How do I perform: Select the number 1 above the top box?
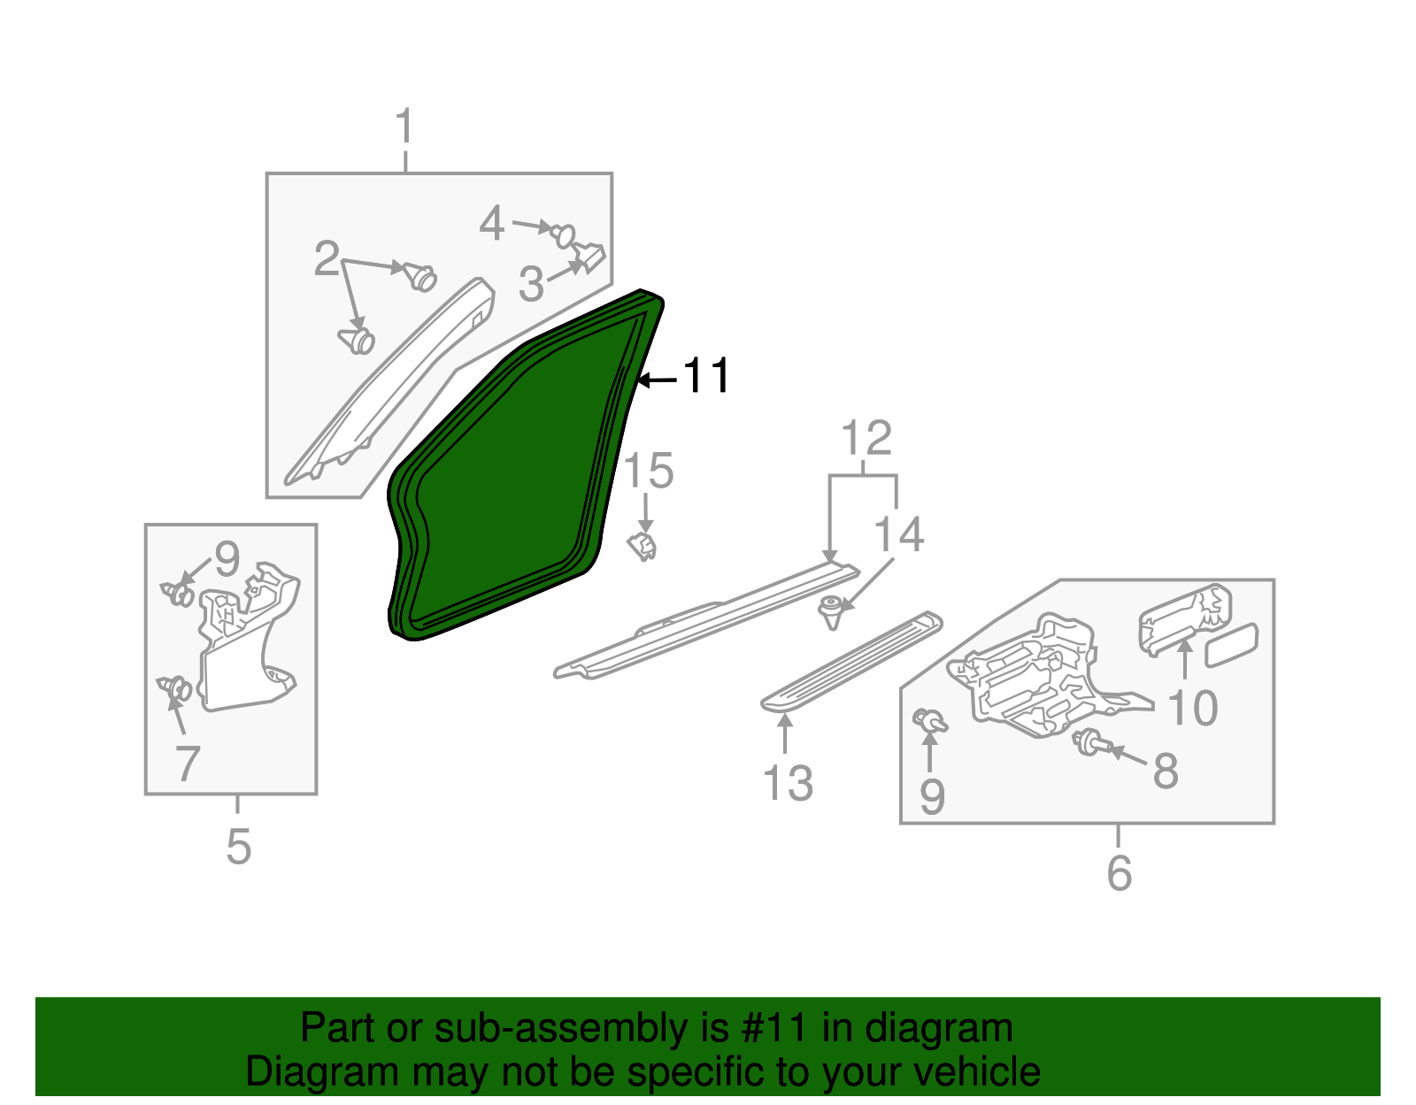(x=404, y=127)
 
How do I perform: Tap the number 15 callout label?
(x=649, y=471)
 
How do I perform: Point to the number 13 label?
(x=788, y=783)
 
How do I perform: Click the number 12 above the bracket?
(x=866, y=439)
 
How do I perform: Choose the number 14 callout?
(x=899, y=535)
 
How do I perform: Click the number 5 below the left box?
(x=239, y=847)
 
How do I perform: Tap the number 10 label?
(x=1193, y=708)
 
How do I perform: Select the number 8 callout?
(x=1166, y=771)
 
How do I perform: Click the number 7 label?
(x=188, y=764)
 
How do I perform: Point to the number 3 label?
(x=531, y=284)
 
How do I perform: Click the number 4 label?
(x=492, y=223)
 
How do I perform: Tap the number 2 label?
(x=327, y=259)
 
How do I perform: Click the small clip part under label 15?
(x=643, y=546)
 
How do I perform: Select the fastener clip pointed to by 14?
(x=831, y=611)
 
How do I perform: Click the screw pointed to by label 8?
(x=1089, y=743)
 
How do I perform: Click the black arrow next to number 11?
(x=658, y=380)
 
